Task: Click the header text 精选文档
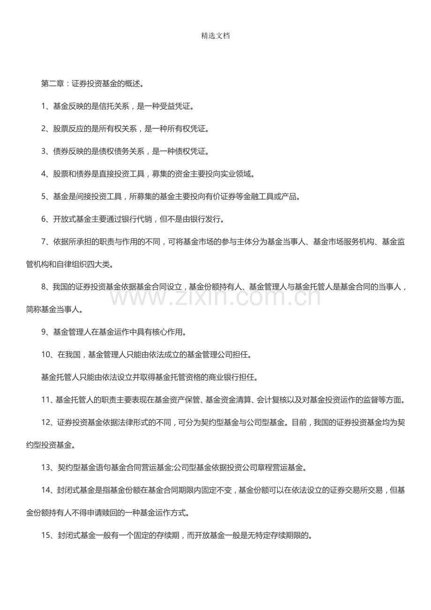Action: point(215,36)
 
